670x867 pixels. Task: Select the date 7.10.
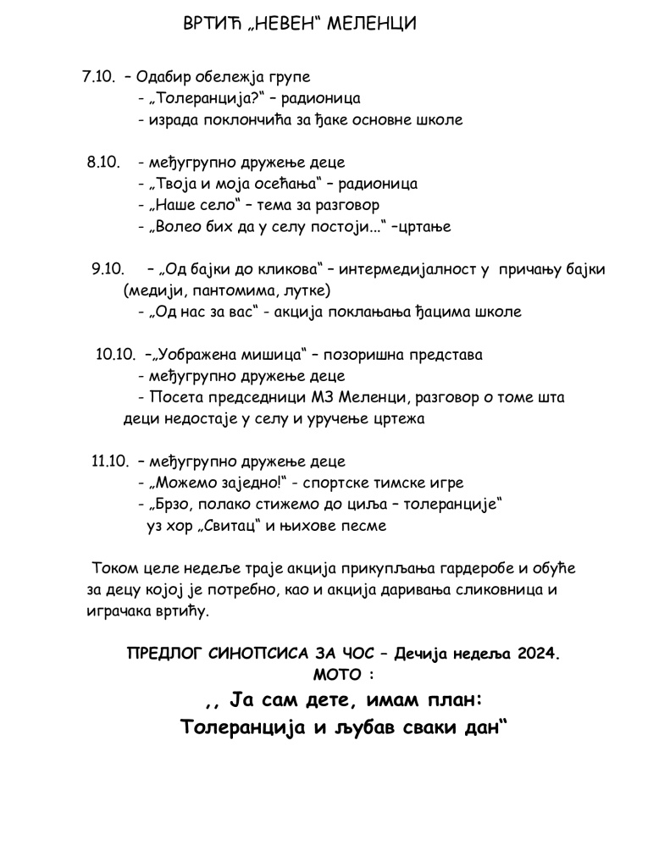point(98,77)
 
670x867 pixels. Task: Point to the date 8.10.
point(102,163)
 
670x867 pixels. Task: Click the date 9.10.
point(108,269)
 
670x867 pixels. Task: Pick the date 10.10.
point(115,355)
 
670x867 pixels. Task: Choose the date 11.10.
point(110,461)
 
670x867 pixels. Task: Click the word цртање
point(423,227)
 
